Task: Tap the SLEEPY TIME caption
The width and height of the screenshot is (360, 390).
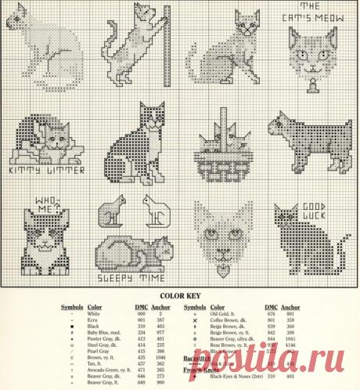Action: (128, 276)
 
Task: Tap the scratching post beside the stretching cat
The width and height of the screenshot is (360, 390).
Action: (166, 43)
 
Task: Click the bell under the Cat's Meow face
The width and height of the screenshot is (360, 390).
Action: (311, 81)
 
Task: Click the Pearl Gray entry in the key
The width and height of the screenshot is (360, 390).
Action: (98, 351)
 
